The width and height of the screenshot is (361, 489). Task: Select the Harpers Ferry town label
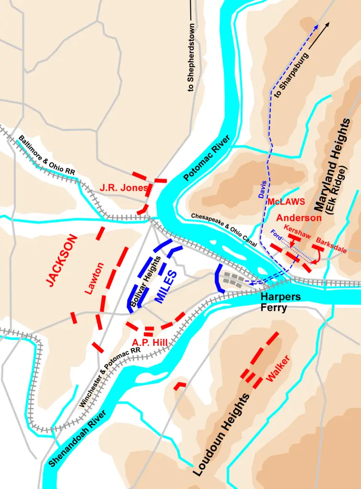(x=280, y=302)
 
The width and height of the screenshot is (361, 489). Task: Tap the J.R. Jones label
(x=124, y=188)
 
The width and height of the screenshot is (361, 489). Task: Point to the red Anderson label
(x=299, y=218)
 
